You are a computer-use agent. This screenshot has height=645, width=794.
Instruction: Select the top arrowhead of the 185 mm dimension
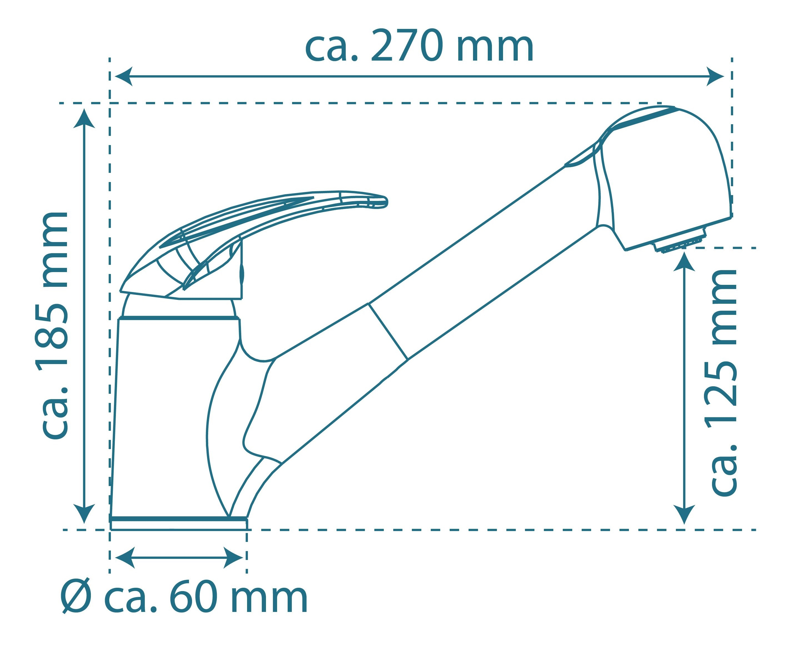coord(84,118)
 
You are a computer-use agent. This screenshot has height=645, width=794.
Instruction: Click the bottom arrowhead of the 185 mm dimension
coord(84,514)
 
